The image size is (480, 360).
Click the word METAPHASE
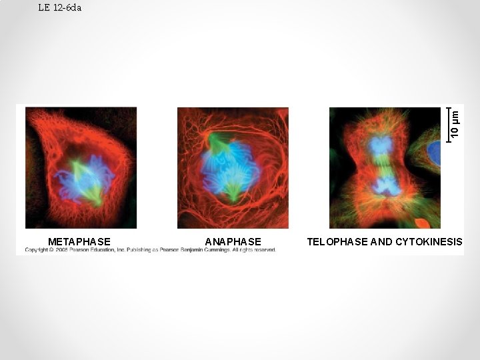coord(79,241)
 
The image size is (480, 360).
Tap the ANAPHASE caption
coord(233,241)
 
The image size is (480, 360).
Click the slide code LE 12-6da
coord(60,8)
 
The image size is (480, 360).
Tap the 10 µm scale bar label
coord(455,124)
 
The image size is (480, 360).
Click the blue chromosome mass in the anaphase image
coord(230,170)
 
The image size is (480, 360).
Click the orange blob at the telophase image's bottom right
coord(421,223)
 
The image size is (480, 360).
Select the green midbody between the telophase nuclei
coord(381,165)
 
